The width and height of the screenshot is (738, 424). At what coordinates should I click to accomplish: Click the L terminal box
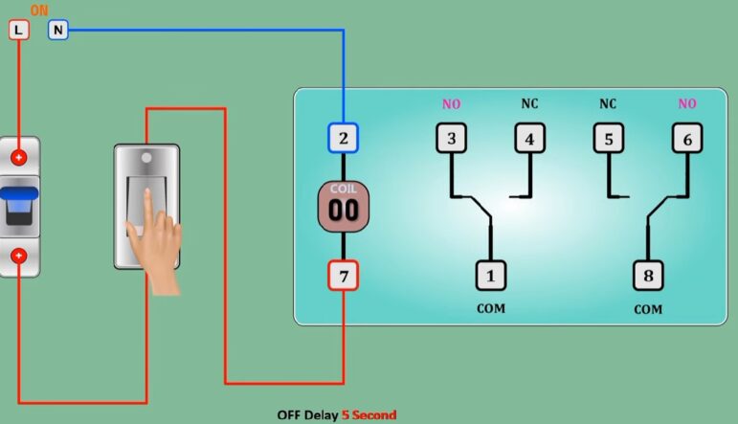click(x=19, y=30)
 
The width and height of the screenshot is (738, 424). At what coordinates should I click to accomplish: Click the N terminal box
click(x=58, y=30)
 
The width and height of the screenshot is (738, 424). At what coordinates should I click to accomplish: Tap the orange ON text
click(x=39, y=11)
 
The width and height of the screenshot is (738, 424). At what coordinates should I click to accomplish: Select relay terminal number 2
click(x=343, y=139)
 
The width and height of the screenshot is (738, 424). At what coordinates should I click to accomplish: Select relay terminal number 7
click(x=343, y=276)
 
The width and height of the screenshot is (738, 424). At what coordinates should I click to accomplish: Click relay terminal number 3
click(x=451, y=139)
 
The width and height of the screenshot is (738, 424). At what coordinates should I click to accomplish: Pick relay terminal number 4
click(x=529, y=139)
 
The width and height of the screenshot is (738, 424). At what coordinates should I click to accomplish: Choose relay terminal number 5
click(x=608, y=139)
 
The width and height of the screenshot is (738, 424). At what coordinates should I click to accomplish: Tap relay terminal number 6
click(x=686, y=139)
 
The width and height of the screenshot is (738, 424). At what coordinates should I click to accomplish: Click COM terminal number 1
click(x=490, y=276)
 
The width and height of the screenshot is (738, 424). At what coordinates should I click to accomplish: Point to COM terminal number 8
click(x=648, y=276)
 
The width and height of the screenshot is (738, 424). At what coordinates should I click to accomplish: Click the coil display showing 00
click(x=343, y=207)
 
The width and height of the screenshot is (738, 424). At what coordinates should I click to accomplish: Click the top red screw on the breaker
click(x=19, y=157)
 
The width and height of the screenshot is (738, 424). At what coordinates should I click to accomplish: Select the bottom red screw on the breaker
click(x=19, y=256)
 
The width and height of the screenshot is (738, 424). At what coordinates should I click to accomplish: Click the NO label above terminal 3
click(x=451, y=103)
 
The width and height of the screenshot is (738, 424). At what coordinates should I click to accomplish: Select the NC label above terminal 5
click(x=608, y=103)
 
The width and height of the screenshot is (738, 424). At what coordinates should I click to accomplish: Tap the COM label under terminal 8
click(x=648, y=310)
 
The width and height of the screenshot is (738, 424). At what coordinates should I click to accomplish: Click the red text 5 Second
click(x=369, y=415)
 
